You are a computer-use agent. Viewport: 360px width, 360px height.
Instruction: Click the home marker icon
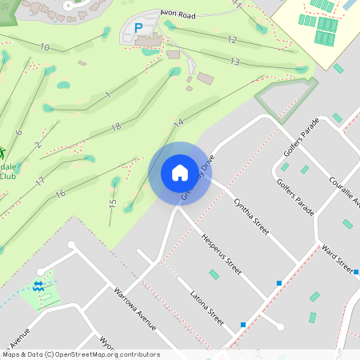[179, 173]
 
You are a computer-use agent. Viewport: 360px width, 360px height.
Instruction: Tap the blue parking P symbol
[138, 28]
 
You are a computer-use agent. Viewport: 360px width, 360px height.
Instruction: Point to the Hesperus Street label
[222, 254]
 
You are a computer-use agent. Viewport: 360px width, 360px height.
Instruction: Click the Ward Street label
[337, 258]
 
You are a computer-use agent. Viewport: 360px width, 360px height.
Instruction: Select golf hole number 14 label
[178, 122]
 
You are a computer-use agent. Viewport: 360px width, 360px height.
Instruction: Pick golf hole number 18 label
[116, 127]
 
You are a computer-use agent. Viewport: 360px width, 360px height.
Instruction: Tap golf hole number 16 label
[60, 194]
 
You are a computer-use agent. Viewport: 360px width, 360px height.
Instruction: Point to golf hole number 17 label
[40, 182]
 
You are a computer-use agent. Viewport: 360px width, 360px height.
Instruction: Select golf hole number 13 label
[234, 62]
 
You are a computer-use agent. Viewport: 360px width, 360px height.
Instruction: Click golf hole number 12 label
[232, 39]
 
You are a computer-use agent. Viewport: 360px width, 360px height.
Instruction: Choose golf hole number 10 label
[44, 48]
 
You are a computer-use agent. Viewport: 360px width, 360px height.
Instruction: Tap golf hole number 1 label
[106, 96]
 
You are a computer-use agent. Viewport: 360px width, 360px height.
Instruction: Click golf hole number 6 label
[18, 133]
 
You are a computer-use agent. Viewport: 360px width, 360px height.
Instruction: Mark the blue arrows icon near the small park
[38, 286]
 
